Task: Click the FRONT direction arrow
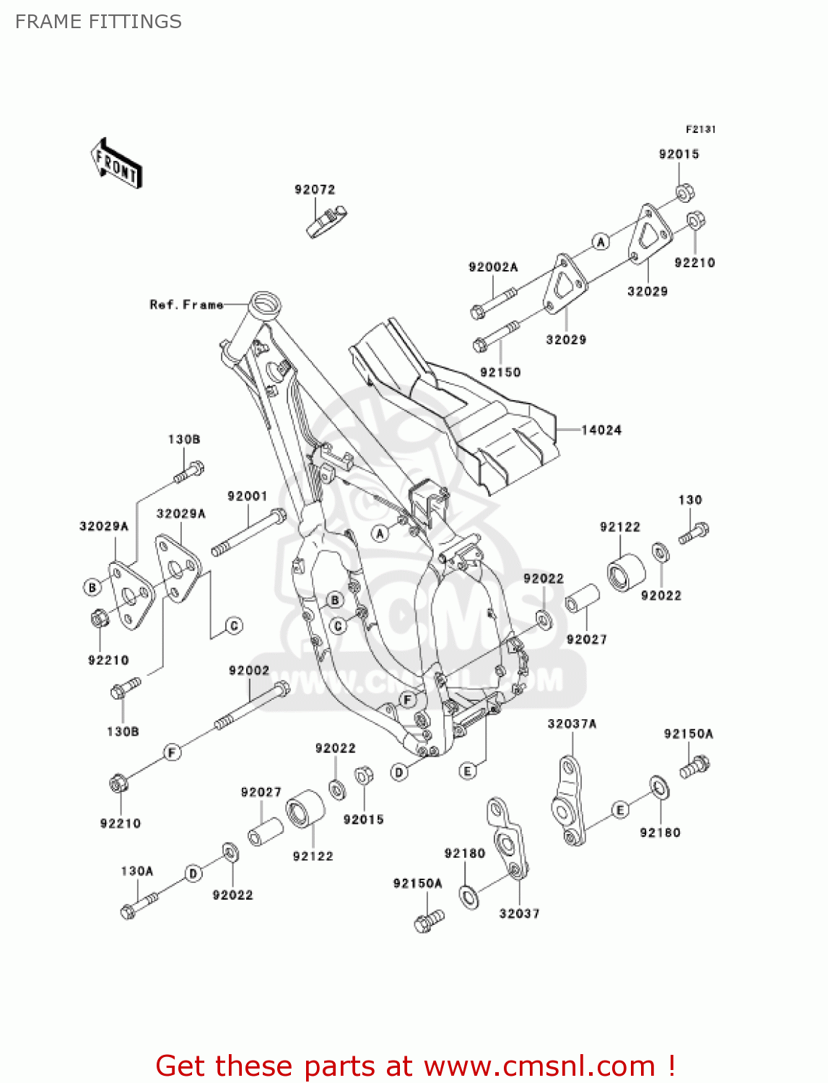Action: (116, 163)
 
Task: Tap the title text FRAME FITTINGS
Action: (98, 22)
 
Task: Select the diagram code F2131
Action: (700, 129)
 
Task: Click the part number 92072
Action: (315, 189)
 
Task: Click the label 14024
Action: (601, 430)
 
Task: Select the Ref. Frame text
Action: (186, 305)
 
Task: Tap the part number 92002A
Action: (493, 267)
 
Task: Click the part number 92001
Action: (247, 496)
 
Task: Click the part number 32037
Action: (519, 913)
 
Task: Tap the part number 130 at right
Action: (689, 500)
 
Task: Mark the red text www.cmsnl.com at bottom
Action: (539, 1066)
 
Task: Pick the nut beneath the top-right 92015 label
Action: (684, 193)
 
